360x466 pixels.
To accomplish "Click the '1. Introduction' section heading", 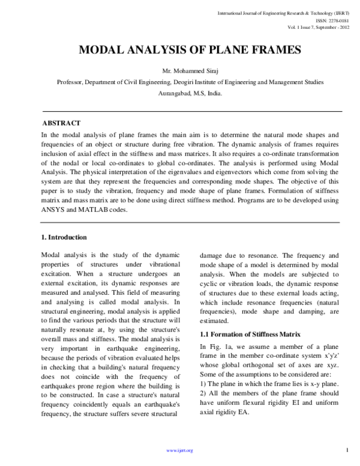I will [64, 237].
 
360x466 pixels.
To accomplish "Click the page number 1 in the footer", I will [348, 449].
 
